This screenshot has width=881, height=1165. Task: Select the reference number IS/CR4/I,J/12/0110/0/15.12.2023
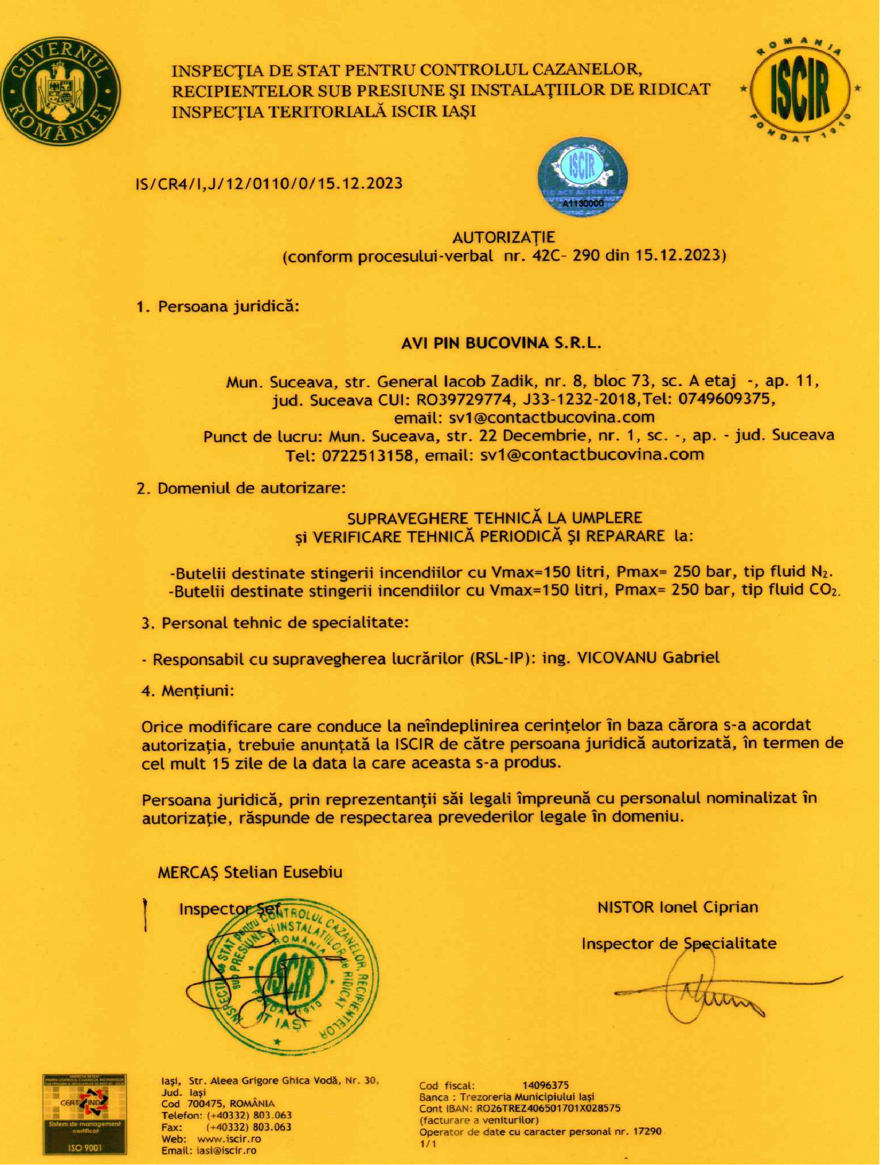click(269, 184)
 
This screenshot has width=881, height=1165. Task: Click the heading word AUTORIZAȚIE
click(503, 237)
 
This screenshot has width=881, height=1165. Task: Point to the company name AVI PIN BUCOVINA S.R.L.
click(501, 344)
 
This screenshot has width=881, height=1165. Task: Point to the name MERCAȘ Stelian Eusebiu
click(250, 873)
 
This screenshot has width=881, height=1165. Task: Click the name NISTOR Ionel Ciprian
click(677, 907)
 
